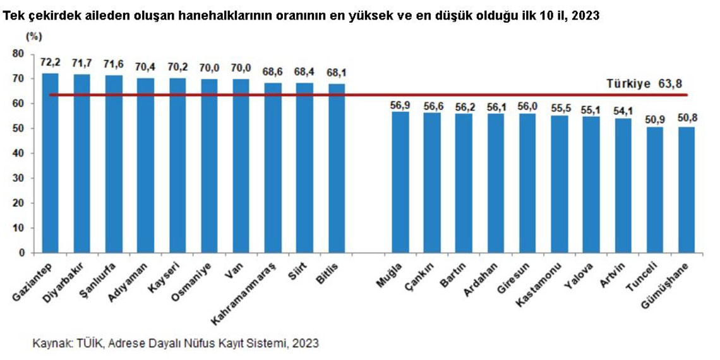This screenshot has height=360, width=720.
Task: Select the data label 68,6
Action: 273,72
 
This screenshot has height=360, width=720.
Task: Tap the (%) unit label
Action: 33,37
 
